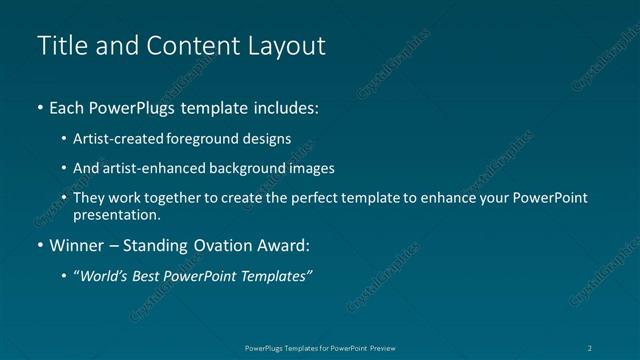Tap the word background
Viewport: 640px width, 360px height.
pos(256,168)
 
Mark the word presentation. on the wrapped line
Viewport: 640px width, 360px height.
pos(116,214)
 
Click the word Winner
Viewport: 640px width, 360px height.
pos(76,245)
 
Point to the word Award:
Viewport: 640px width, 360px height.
pos(283,245)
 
